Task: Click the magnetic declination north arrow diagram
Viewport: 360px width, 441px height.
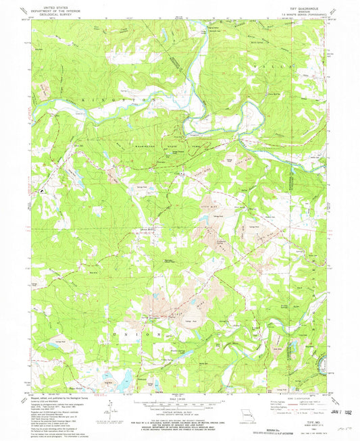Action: (x=112, y=406)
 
